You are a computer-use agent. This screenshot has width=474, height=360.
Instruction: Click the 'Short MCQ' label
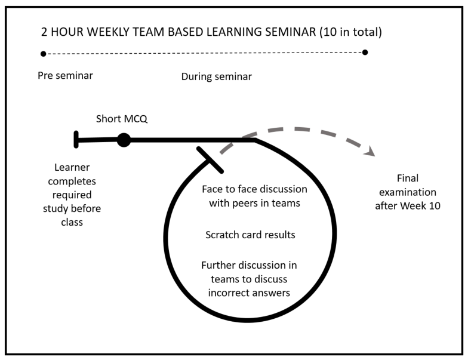(x=122, y=119)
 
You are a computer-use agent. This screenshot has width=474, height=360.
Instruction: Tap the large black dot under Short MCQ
(x=124, y=140)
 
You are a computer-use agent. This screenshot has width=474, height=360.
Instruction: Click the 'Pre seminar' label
(x=66, y=76)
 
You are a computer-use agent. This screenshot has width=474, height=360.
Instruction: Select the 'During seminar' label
(x=216, y=76)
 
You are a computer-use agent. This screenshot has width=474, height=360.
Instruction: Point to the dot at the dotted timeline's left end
(x=43, y=54)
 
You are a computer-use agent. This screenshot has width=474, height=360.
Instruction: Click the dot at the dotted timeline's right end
(x=365, y=52)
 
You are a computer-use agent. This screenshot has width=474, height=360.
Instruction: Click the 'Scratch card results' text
(x=250, y=235)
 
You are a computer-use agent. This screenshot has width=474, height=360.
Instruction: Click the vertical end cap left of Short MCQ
(x=76, y=139)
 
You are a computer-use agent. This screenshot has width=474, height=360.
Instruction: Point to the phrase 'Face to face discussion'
(x=254, y=190)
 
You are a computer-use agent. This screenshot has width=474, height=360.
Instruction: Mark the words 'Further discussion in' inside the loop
(x=249, y=265)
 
